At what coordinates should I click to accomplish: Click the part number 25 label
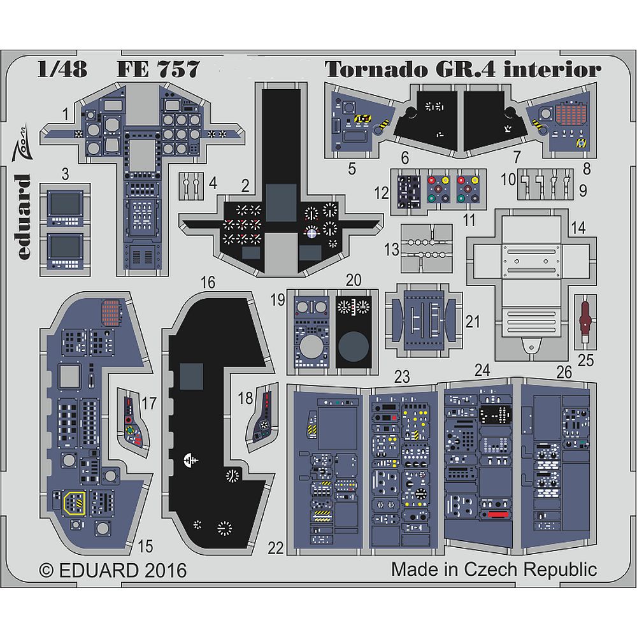tap(585, 361)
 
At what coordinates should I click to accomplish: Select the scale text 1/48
tap(61, 69)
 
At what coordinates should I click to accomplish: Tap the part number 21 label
tap(472, 322)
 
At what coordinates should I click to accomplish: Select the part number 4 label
tap(213, 182)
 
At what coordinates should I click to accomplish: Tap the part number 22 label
tap(275, 547)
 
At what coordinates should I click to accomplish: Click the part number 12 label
tap(381, 191)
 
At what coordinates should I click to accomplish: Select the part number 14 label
tap(578, 226)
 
